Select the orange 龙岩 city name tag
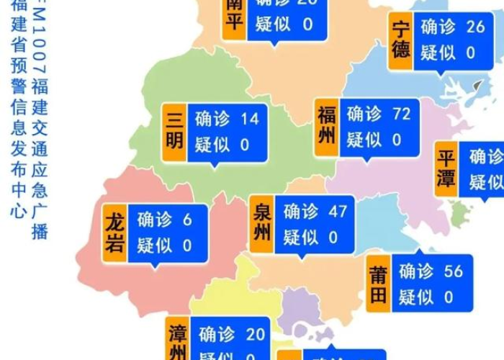(x=114, y=233)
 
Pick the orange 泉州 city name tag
(x=262, y=223)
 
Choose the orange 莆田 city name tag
(x=377, y=283)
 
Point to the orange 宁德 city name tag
(x=401, y=40)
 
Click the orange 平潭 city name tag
(x=447, y=169)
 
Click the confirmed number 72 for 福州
(x=400, y=114)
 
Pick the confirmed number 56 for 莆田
(x=454, y=271)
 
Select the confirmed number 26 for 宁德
(x=475, y=27)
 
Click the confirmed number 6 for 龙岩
(x=187, y=220)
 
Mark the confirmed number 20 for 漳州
(x=256, y=334)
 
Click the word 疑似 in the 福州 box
(x=364, y=139)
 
